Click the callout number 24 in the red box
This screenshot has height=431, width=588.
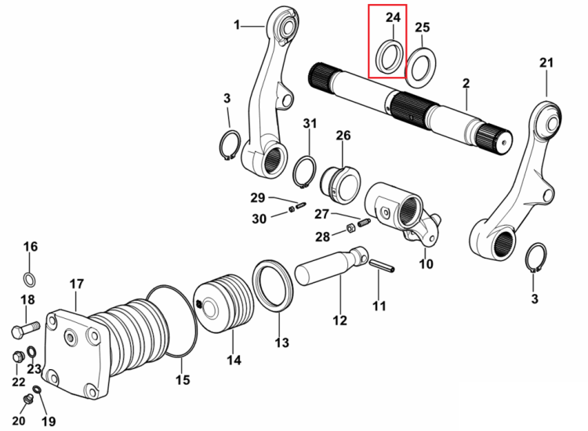pyautogui.click(x=393, y=17)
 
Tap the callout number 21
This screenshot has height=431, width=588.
pyautogui.click(x=546, y=62)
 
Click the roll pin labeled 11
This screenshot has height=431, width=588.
pyautogui.click(x=382, y=266)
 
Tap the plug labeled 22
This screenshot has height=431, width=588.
pyautogui.click(x=18, y=357)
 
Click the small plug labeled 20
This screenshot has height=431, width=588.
pyautogui.click(x=27, y=400)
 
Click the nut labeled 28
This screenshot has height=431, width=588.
pyautogui.click(x=350, y=227)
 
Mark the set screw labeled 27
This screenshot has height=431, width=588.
pyautogui.click(x=364, y=223)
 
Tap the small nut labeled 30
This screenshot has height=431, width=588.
pyautogui.click(x=292, y=209)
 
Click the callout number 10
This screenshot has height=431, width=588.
pyautogui.click(x=426, y=264)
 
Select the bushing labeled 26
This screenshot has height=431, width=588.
pyautogui.click(x=340, y=185)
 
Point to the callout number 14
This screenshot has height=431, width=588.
pyautogui.click(x=234, y=360)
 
